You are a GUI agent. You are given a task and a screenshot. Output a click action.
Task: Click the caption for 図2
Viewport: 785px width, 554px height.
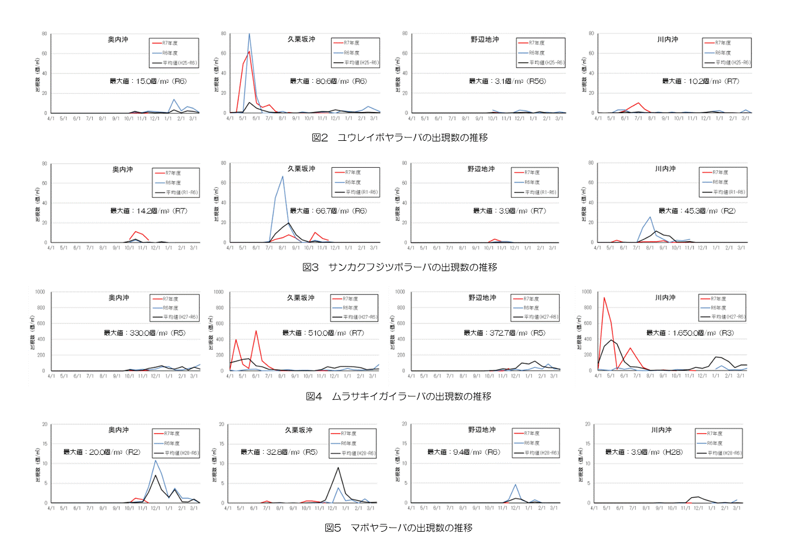[x=399, y=137]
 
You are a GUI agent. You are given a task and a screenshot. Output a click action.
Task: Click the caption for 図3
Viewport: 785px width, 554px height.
[x=399, y=267]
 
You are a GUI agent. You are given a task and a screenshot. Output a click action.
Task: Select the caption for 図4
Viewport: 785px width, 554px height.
[x=399, y=397]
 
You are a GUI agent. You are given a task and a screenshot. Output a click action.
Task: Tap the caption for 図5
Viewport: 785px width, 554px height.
[x=399, y=528]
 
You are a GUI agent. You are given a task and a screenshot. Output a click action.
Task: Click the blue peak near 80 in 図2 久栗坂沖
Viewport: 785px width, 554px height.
[x=249, y=34]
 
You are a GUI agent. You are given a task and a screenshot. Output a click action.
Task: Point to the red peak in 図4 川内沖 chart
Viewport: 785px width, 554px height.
[x=604, y=298]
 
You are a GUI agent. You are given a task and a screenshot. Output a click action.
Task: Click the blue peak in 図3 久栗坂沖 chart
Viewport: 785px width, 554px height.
[x=282, y=176]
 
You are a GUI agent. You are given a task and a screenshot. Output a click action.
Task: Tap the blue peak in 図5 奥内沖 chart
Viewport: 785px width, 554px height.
[x=156, y=460]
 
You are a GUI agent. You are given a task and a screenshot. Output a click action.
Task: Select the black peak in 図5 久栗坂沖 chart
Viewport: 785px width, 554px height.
[x=338, y=468]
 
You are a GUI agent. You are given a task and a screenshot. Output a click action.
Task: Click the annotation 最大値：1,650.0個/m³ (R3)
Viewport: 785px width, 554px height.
[x=690, y=333]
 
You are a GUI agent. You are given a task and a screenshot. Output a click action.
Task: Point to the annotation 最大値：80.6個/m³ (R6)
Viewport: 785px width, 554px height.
[x=328, y=81]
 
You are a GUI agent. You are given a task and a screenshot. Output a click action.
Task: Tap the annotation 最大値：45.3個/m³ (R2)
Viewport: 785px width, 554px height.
[x=696, y=211]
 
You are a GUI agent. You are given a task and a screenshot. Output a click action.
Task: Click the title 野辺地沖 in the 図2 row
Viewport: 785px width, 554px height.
[x=484, y=39]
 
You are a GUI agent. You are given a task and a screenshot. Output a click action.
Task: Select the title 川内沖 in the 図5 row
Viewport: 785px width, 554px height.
[x=661, y=430]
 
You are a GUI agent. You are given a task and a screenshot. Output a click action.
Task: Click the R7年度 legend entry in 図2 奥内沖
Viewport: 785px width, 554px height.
[x=170, y=43]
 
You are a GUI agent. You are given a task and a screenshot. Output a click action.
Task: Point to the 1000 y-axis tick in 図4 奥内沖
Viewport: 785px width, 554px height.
[x=40, y=292]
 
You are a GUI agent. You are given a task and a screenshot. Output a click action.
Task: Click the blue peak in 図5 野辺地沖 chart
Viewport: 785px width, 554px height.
[x=515, y=485]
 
